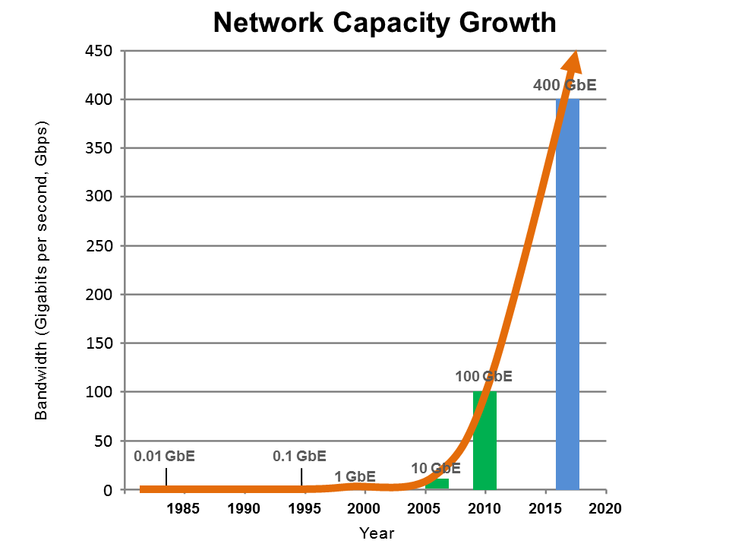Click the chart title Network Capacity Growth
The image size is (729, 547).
tap(384, 22)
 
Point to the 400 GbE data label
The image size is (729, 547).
tap(564, 85)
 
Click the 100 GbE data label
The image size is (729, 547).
tap(484, 376)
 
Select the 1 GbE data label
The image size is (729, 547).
tap(355, 476)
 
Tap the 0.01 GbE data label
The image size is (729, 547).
tap(165, 457)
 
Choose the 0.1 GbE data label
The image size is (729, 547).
tap(299, 457)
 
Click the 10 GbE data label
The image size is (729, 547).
tap(436, 468)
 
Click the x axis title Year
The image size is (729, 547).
tap(377, 533)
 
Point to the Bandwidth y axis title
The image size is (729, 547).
tap(41, 270)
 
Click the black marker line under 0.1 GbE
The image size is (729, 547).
tap(301, 476)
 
